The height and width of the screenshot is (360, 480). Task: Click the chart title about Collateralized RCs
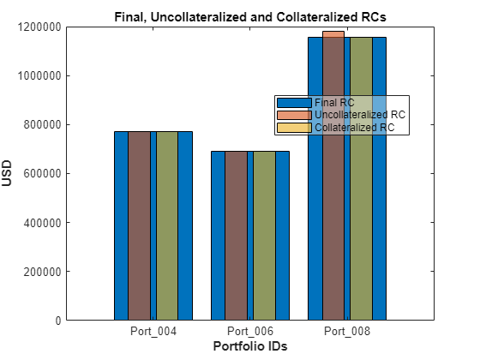[250, 17]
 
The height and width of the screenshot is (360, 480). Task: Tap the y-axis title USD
[7, 173]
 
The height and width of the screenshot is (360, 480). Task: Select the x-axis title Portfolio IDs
[250, 346]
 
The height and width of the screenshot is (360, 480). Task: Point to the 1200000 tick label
[39, 27]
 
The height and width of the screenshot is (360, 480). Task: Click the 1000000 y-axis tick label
[39, 75]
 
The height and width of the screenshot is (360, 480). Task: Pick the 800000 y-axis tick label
[43, 124]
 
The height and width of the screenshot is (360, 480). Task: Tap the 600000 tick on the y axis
[43, 173]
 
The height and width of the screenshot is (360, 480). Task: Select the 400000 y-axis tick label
[43, 223]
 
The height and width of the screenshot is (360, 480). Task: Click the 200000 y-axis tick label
[43, 271]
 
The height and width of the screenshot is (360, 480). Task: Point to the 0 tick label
[58, 321]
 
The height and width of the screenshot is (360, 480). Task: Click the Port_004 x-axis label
[153, 331]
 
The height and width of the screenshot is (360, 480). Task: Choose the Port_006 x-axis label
[250, 331]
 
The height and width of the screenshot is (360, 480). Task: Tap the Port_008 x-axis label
[347, 331]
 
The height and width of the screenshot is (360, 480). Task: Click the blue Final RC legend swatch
[294, 103]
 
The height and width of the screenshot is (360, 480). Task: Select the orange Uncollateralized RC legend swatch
[294, 115]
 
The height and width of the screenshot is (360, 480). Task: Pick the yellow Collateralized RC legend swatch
[294, 128]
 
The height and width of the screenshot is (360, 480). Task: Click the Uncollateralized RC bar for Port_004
[139, 226]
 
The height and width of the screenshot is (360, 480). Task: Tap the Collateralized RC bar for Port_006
[264, 236]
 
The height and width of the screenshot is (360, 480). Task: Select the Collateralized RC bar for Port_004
[167, 226]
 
